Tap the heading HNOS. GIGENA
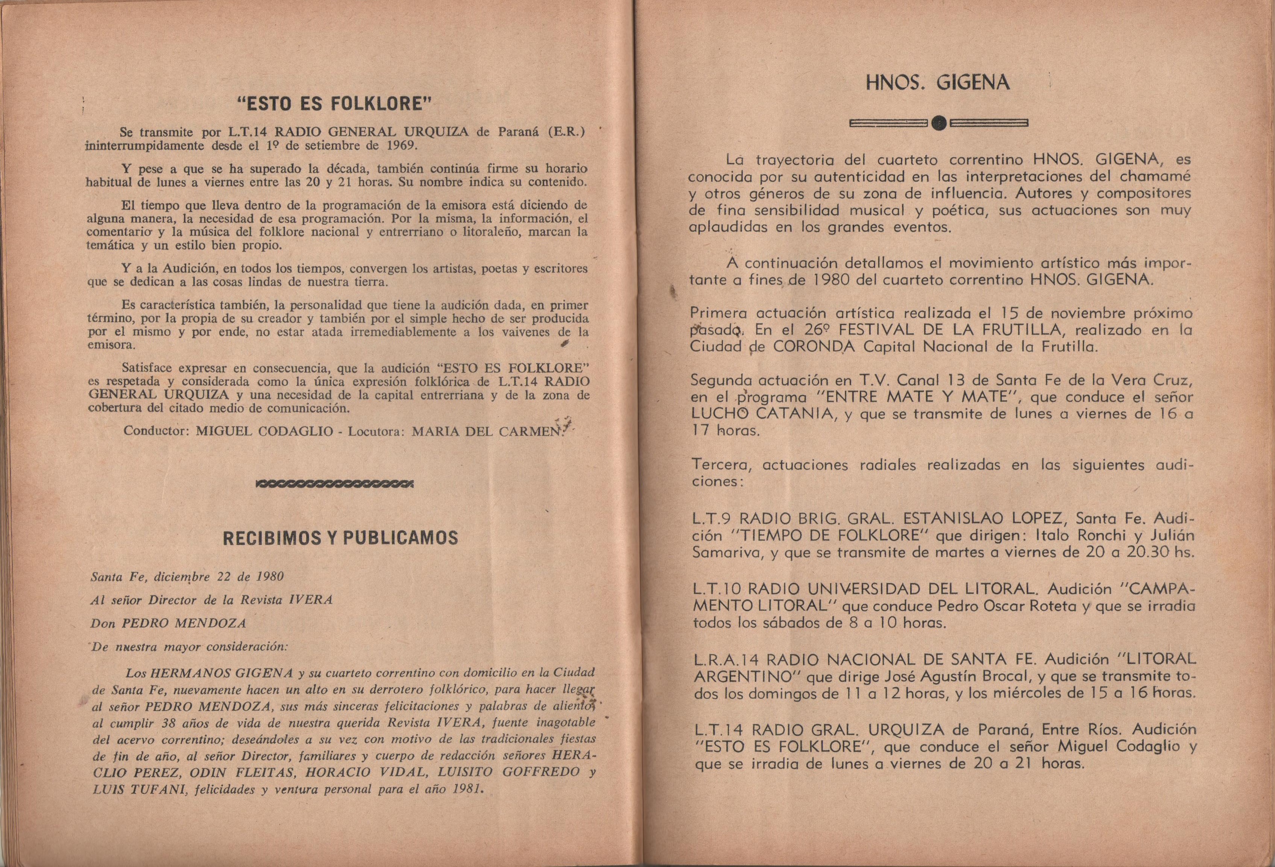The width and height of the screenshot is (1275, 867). click(x=938, y=83)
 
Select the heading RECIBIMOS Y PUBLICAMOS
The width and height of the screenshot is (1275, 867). click(x=340, y=538)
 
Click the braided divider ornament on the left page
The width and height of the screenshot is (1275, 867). click(x=335, y=484)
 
